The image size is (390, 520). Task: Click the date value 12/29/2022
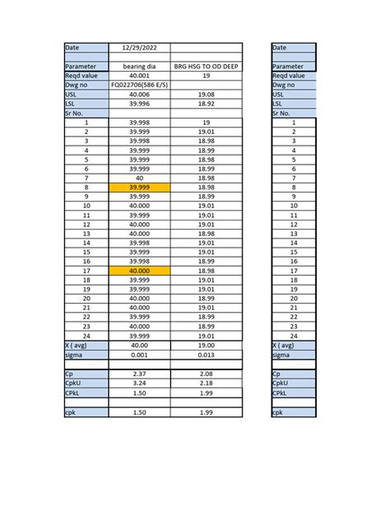(x=139, y=48)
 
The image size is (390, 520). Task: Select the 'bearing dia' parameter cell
(x=139, y=66)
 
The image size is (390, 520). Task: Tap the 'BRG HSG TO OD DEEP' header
(x=207, y=66)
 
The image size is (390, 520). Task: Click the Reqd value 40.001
(x=139, y=75)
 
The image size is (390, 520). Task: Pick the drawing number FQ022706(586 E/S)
(x=139, y=85)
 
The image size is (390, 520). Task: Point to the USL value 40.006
(x=139, y=94)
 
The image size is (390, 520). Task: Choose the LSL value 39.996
(x=139, y=104)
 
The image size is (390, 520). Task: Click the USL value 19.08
(x=207, y=94)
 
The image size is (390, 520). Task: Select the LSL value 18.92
(x=207, y=104)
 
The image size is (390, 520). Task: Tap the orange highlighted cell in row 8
(x=139, y=188)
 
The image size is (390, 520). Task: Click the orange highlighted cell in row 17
(x=139, y=271)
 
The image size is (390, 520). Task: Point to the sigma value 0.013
(x=207, y=355)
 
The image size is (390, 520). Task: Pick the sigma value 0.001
(x=139, y=355)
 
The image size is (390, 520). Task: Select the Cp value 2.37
(x=139, y=374)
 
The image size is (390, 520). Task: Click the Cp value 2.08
(x=207, y=374)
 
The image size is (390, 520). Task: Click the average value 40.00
(x=139, y=346)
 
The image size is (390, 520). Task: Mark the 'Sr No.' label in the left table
(x=86, y=113)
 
